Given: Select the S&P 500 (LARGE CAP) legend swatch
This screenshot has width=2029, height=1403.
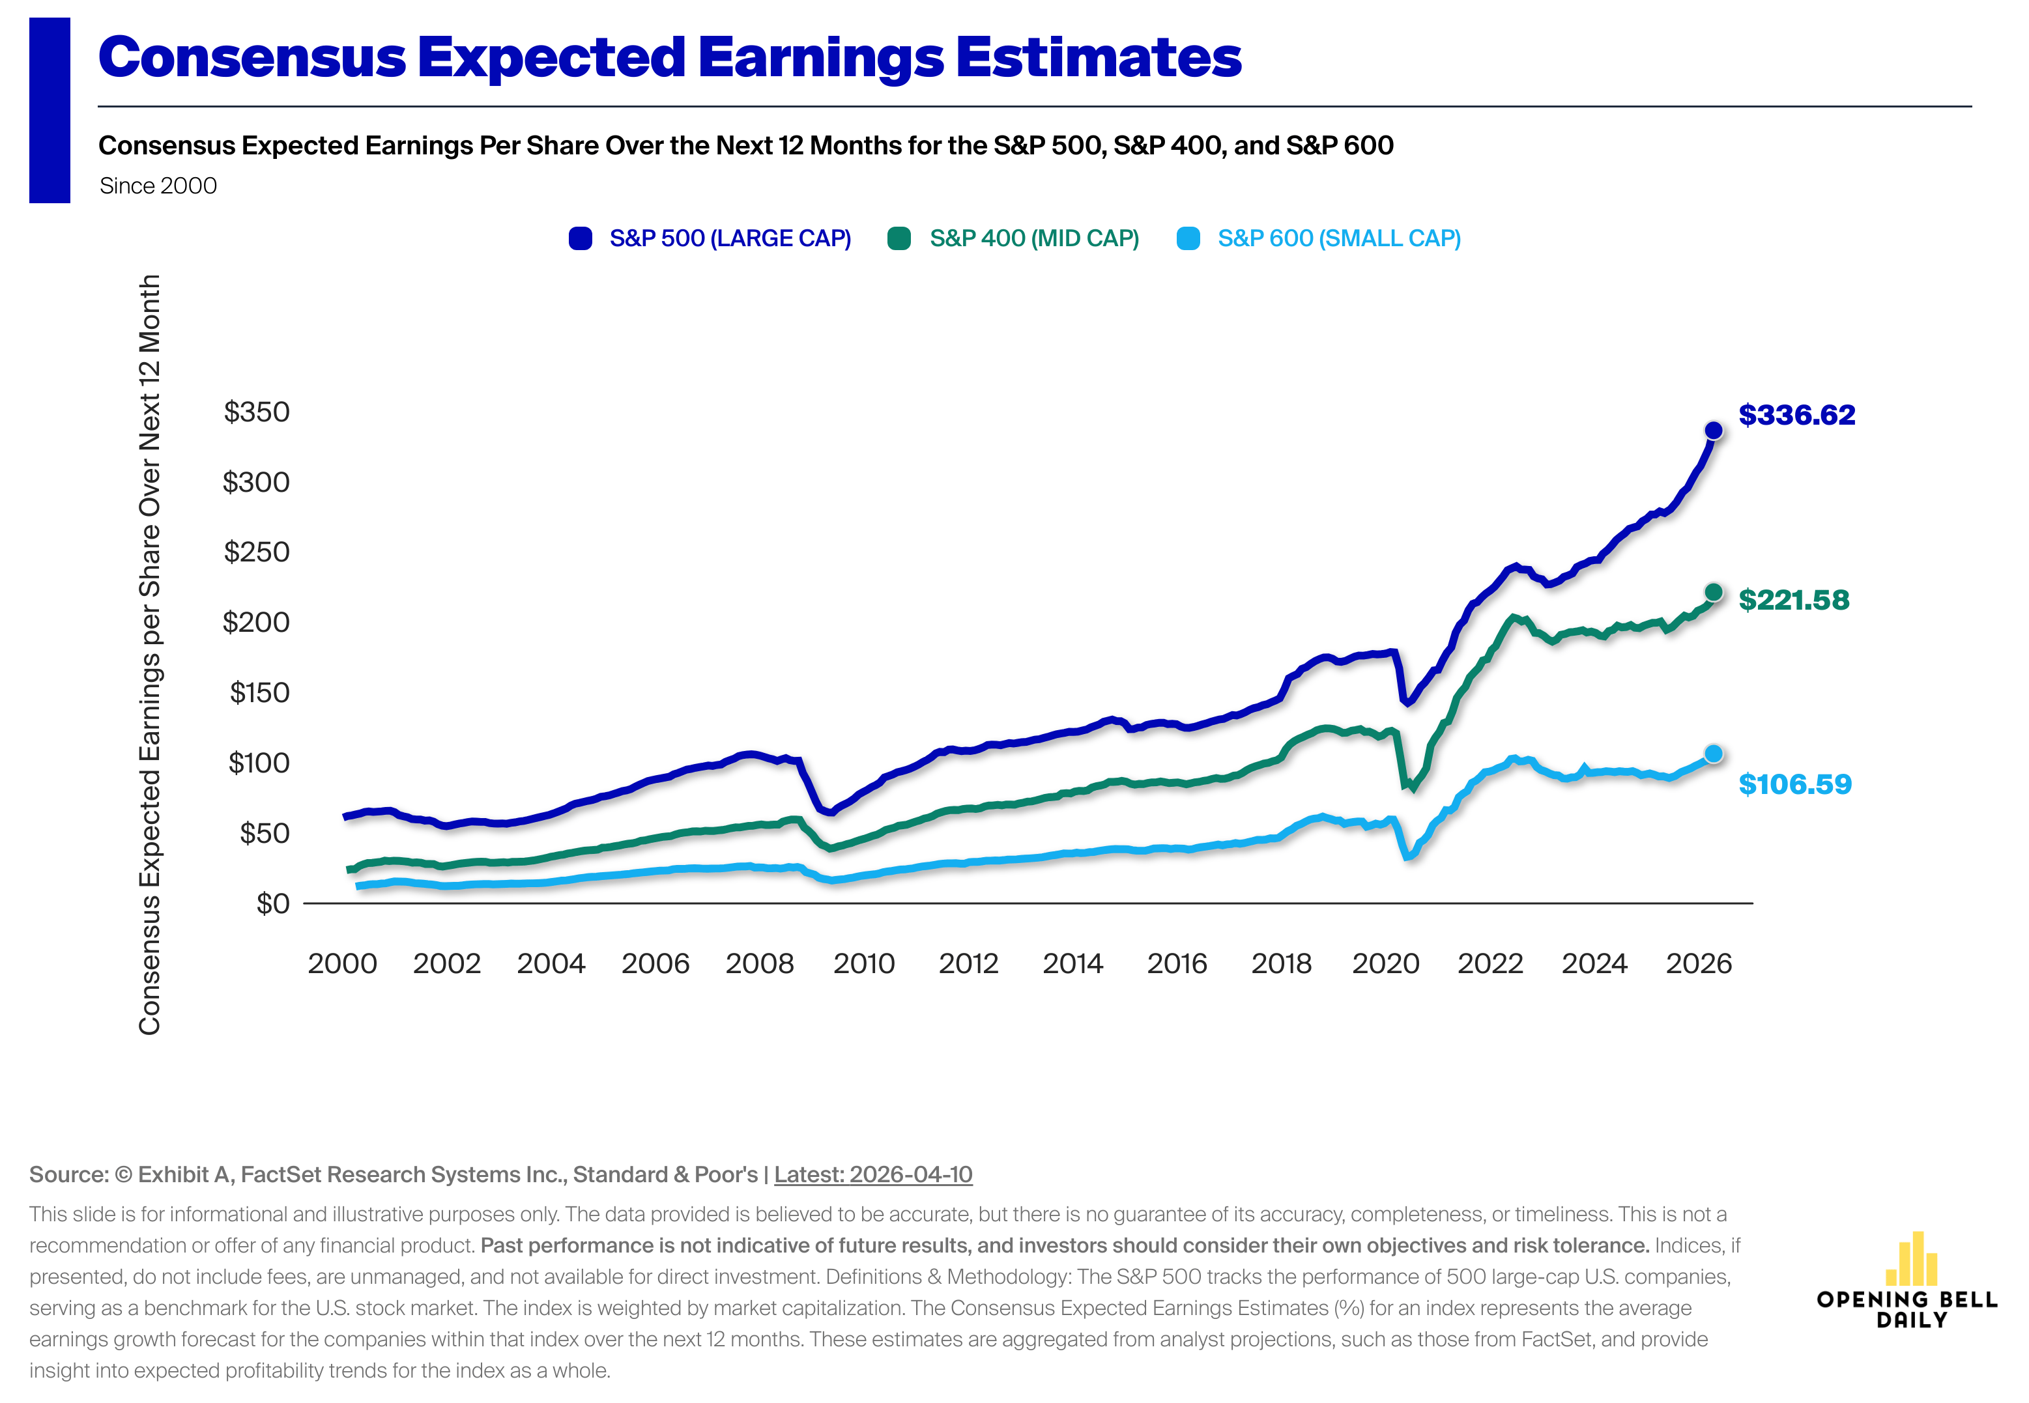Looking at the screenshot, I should tap(580, 238).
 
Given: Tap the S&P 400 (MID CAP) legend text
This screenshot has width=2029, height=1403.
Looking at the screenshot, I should tap(1034, 238).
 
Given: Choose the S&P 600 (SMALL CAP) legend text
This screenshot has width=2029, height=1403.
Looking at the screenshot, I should tap(1339, 238).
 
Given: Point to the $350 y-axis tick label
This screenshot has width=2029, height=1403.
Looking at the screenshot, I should tap(256, 412).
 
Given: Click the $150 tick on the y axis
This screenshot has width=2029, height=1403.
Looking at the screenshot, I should tap(259, 693).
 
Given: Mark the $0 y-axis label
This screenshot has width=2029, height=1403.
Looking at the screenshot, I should tap(272, 903).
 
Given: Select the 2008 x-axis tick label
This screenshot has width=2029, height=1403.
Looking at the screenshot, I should tap(760, 963).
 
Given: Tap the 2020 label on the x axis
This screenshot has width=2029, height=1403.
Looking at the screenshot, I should tap(1385, 963).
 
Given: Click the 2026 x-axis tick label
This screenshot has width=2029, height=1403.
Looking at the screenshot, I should tap(1699, 963).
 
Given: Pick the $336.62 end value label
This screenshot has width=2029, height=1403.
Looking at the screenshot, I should tap(1797, 415).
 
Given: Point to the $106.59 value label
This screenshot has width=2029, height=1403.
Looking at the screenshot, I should tap(1794, 784).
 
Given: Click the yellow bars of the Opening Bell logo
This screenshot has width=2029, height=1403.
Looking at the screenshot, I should tap(1911, 1260).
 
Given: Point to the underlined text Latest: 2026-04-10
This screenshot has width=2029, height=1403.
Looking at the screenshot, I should tap(873, 1174).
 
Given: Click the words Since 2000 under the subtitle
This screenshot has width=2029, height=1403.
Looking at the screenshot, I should tap(158, 186).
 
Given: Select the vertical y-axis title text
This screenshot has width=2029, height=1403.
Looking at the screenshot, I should tap(149, 655).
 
